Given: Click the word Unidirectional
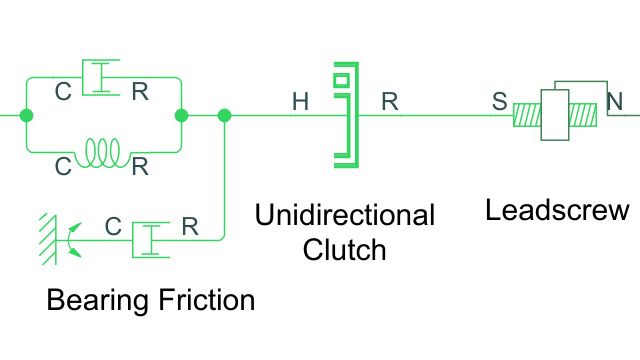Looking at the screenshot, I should click(344, 215).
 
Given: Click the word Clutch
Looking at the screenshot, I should click(344, 249).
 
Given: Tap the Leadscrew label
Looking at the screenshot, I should click(557, 211).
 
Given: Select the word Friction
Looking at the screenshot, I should click(206, 300).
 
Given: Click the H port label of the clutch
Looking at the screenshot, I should click(300, 102).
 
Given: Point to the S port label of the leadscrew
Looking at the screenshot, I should click(499, 102).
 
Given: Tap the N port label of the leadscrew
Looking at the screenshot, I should click(615, 102).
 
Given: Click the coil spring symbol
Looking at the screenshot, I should click(103, 151).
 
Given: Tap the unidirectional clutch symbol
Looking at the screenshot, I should click(344, 115).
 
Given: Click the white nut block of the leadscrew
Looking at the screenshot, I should click(554, 114).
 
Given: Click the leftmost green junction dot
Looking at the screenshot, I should click(26, 115).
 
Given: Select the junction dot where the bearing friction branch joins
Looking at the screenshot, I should click(224, 115).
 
